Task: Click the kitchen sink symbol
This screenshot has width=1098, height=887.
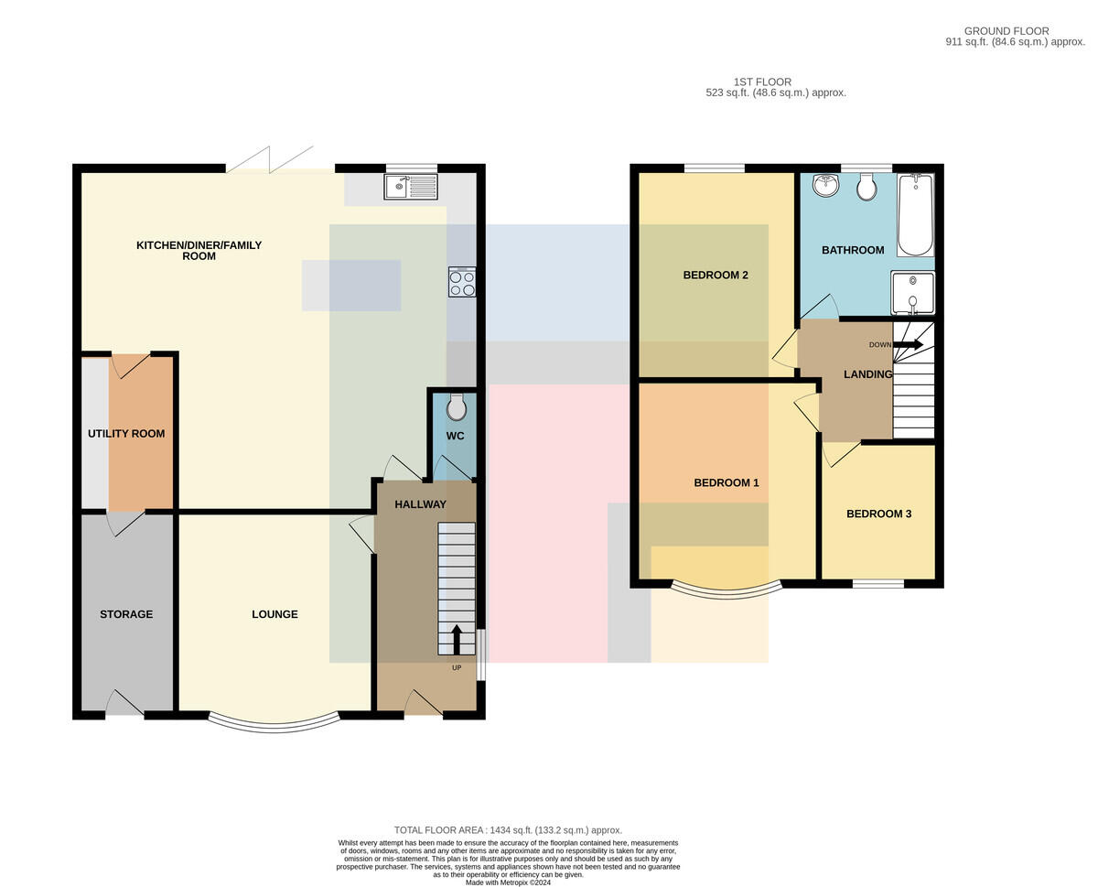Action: [410, 187]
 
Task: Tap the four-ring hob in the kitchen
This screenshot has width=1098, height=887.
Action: [462, 282]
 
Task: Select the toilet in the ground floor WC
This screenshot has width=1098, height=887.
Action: [457, 407]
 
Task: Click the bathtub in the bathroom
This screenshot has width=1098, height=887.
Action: [915, 214]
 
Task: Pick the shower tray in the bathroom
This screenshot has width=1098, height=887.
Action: [912, 292]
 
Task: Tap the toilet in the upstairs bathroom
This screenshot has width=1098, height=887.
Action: [867, 186]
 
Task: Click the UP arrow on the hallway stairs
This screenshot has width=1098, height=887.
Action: [457, 640]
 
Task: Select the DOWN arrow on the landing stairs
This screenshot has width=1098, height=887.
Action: [908, 344]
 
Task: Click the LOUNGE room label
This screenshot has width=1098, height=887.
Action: [274, 614]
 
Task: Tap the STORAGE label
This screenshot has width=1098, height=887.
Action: [126, 614]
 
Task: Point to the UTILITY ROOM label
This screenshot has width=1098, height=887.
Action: [126, 434]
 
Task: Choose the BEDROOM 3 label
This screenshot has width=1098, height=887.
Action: [879, 514]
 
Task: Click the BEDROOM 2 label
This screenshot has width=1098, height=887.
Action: [716, 275]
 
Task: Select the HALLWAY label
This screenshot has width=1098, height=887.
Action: [421, 504]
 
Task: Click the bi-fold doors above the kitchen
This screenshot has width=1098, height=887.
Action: [270, 160]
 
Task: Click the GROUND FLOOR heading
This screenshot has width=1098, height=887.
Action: [1006, 31]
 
